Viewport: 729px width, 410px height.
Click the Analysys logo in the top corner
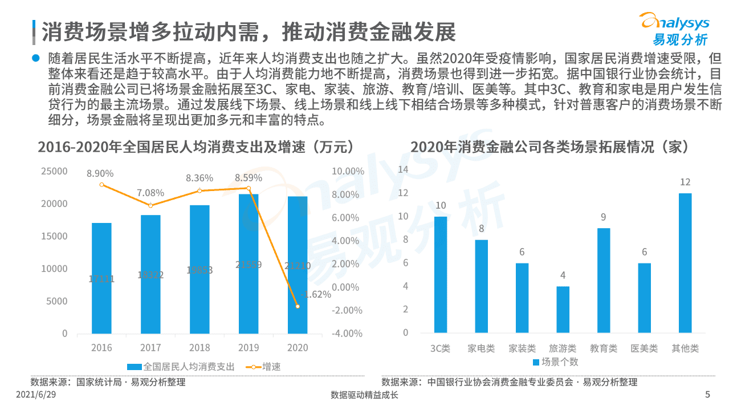click(676, 29)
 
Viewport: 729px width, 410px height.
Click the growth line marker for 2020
click(298, 307)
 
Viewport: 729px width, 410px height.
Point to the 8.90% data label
click(100, 173)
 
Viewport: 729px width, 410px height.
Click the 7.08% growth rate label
click(150, 193)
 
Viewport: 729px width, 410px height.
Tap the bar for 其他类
click(685, 263)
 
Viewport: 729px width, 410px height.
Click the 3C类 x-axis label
click(440, 348)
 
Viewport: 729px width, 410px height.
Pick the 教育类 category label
click(604, 348)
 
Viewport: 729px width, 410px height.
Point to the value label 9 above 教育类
click(603, 217)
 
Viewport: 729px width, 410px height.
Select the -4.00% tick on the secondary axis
click(347, 334)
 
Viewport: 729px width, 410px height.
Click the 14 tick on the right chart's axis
click(403, 169)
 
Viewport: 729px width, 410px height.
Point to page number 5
click(707, 395)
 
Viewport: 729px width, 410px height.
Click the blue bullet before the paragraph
click(36, 58)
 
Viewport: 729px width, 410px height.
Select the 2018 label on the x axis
click(199, 348)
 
